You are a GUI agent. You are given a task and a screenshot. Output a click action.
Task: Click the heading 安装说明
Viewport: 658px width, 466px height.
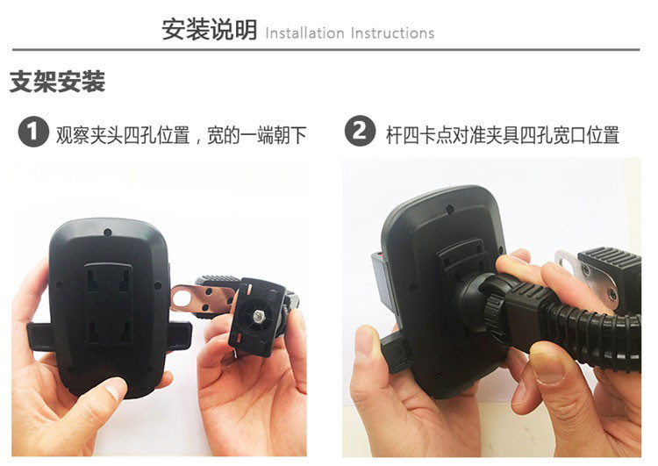click(210, 29)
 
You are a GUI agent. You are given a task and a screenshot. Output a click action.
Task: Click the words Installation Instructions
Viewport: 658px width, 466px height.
click(350, 33)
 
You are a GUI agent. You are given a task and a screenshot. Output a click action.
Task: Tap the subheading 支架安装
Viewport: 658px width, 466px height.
click(57, 82)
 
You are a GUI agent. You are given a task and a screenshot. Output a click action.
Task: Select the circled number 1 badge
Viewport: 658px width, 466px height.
click(33, 132)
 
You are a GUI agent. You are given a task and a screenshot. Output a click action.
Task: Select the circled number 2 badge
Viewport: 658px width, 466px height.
click(360, 131)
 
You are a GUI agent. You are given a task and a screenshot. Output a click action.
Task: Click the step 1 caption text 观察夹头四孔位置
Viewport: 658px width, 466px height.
click(123, 135)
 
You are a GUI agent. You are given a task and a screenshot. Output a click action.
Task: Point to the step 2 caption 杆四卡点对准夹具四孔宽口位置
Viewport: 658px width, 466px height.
click(503, 135)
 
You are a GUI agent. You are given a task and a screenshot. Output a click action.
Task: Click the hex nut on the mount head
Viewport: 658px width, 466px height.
click(257, 314)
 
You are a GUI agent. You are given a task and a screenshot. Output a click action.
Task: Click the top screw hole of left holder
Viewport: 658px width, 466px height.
click(108, 233)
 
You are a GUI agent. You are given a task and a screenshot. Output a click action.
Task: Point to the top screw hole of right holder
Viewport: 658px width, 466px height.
click(449, 209)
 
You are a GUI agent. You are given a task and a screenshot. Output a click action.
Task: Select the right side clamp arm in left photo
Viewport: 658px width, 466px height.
click(178, 337)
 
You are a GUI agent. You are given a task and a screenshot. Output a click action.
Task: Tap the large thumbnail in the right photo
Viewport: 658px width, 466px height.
click(547, 367)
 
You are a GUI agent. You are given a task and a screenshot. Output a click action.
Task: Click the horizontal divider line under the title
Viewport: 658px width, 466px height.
click(326, 49)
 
